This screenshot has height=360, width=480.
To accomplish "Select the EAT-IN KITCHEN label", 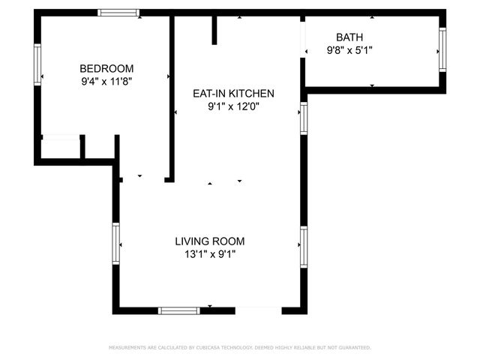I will [234, 94].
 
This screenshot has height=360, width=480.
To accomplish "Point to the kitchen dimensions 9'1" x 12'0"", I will [234, 106].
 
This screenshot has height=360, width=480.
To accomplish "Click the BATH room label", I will [349, 37].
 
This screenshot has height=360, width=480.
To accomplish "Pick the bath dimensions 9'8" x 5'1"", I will [349, 50].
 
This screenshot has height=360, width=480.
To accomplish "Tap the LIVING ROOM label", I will [210, 241].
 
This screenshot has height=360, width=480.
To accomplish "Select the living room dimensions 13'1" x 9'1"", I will [210, 254].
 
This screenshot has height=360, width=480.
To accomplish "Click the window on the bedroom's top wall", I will [119, 13].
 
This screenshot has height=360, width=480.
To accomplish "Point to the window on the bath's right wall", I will [442, 50].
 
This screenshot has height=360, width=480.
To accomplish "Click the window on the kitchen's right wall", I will [304, 118].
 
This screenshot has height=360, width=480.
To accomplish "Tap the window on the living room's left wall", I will [116, 243].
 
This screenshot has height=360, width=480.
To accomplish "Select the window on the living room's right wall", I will [304, 247].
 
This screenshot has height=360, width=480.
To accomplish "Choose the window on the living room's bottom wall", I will [179, 310].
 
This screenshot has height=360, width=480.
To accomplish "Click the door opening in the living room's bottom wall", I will [258, 310].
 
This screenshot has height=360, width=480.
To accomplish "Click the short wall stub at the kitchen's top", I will [214, 30].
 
